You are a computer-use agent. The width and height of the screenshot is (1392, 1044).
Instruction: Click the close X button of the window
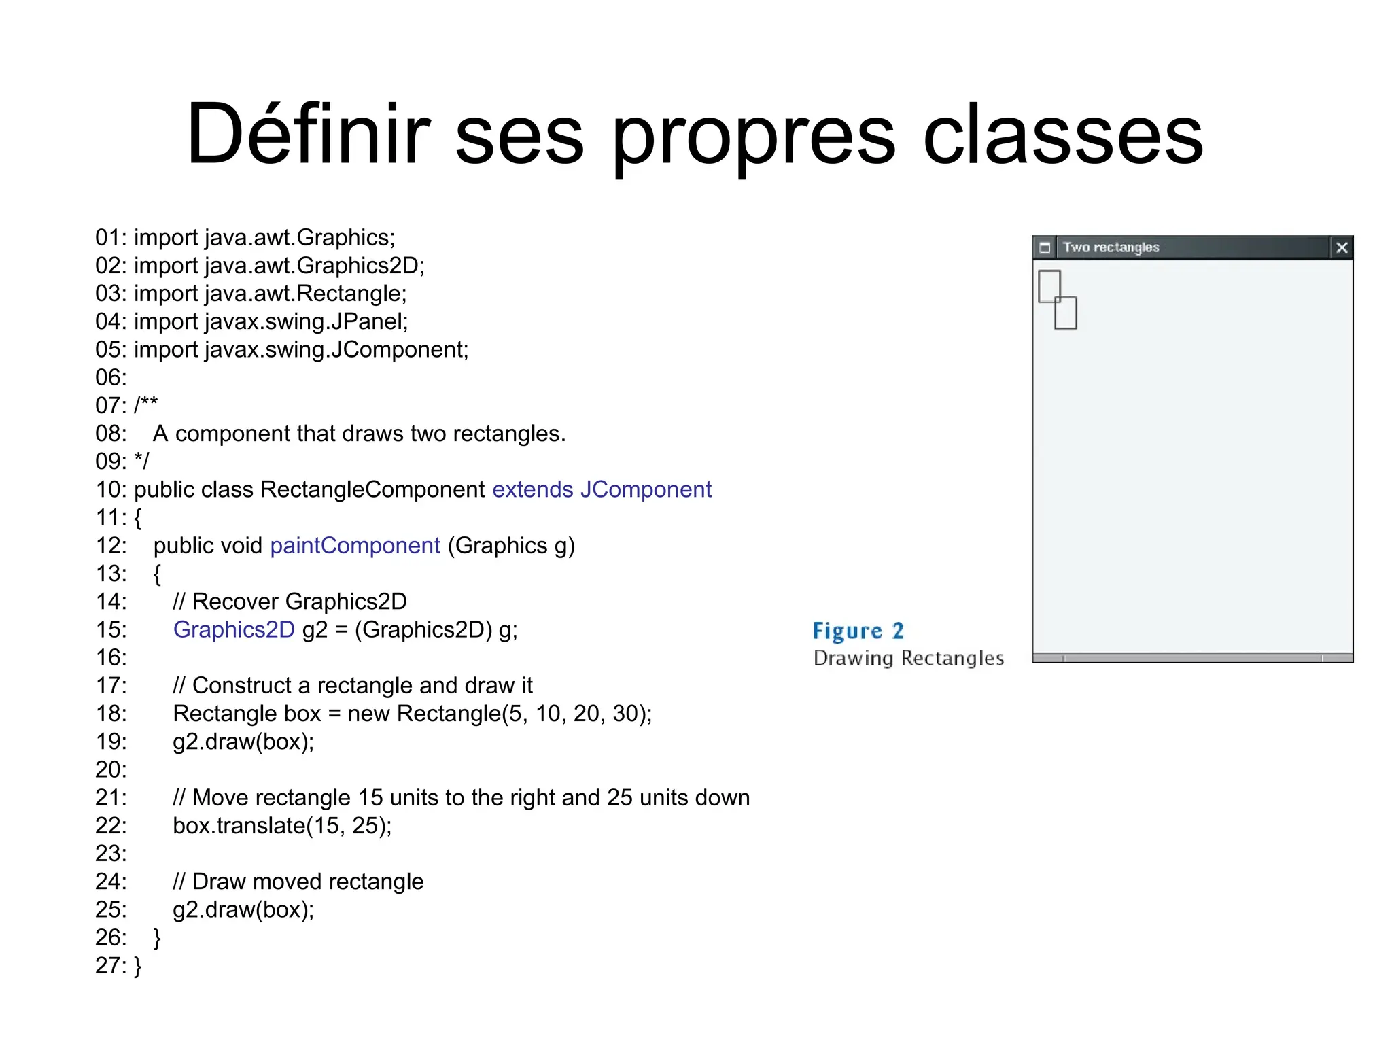[x=1341, y=247]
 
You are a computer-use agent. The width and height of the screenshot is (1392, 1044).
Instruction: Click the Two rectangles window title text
[x=1111, y=247]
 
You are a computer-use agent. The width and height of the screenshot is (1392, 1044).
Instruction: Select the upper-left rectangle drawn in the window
[x=1049, y=285]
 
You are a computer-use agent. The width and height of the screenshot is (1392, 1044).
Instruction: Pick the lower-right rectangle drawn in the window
[x=1066, y=313]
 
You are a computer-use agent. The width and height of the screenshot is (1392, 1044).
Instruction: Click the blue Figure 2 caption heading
[x=858, y=631]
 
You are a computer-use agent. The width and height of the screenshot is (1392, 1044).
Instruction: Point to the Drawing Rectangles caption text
[x=908, y=658]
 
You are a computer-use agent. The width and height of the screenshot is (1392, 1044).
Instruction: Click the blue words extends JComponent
[x=602, y=489]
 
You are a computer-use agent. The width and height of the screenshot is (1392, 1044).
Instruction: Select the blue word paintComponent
[x=355, y=546]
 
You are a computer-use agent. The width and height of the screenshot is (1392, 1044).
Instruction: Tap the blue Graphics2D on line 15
[x=234, y=629]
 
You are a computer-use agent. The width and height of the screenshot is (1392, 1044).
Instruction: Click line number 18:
[x=111, y=714]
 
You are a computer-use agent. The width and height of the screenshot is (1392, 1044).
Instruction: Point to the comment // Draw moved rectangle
[x=298, y=882]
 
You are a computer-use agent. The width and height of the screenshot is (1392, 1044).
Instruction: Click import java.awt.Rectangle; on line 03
[x=270, y=294]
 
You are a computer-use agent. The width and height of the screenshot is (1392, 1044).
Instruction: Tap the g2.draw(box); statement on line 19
[x=243, y=742]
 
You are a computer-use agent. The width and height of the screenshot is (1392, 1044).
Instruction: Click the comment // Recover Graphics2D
[x=290, y=602]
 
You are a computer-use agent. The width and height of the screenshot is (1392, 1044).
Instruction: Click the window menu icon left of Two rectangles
[x=1045, y=247]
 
